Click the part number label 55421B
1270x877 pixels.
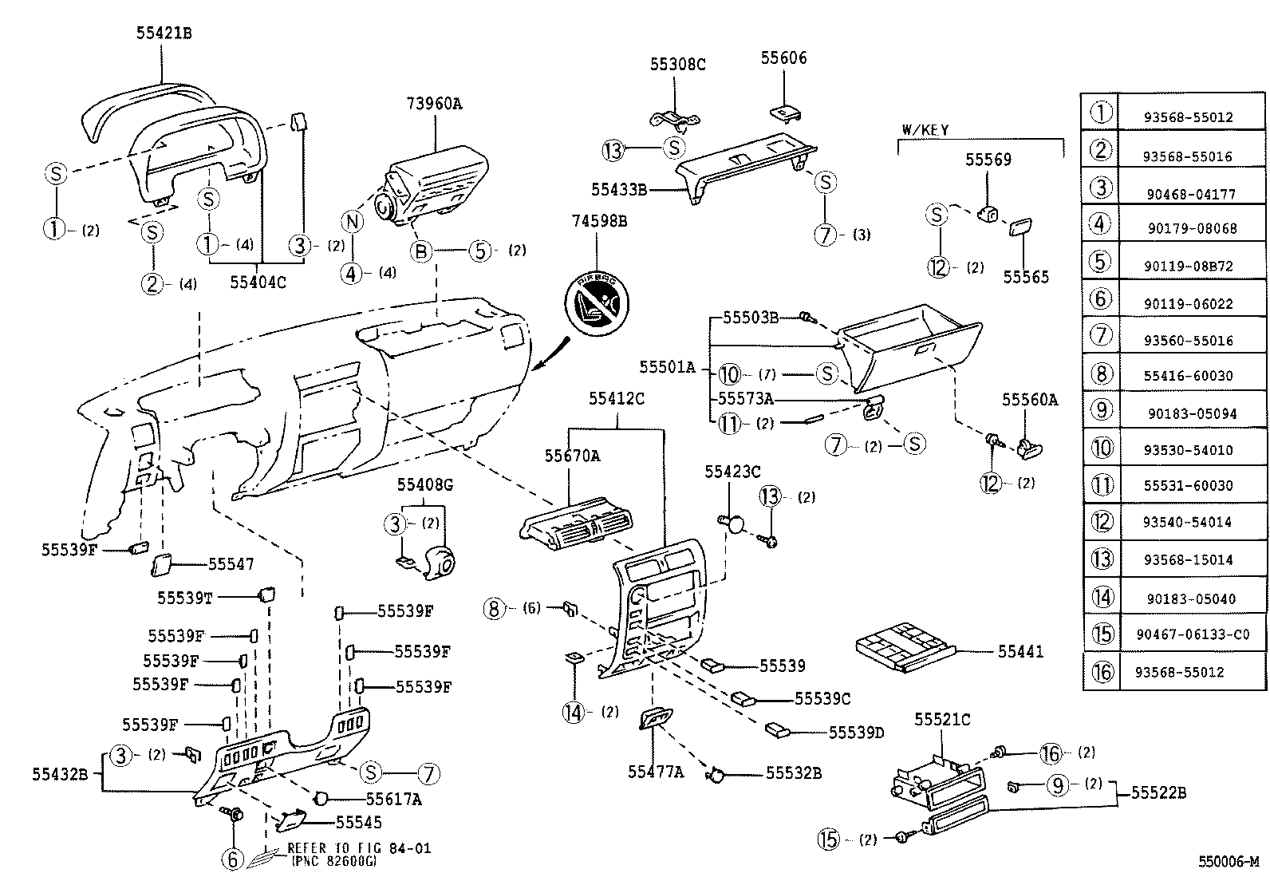[164, 34]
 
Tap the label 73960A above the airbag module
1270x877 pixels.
[434, 103]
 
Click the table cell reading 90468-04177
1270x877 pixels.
[1192, 194]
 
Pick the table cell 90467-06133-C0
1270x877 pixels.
[1193, 634]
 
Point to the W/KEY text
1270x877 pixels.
[925, 129]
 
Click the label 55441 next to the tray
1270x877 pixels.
[1020, 651]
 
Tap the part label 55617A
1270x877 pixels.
[394, 798]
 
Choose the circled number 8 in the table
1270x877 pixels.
[1101, 373]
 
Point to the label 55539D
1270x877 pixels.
[856, 733]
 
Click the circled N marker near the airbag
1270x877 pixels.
[352, 222]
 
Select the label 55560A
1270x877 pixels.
[1029, 400]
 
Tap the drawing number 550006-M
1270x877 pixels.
[1228, 862]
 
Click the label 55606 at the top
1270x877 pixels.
[783, 58]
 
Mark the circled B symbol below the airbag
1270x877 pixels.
[420, 251]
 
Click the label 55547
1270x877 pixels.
[231, 564]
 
